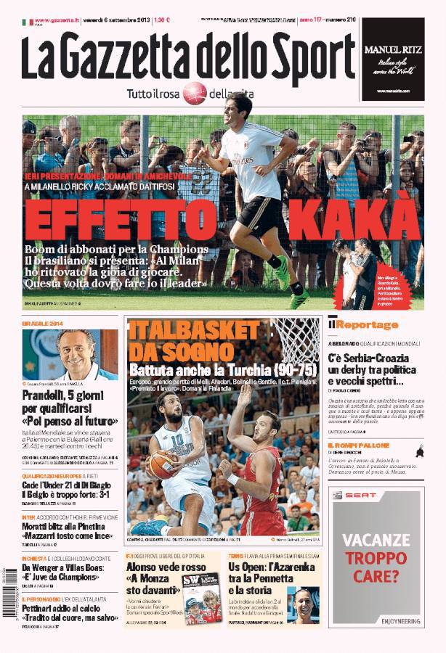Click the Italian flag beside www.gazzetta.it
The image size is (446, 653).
coord(28,22)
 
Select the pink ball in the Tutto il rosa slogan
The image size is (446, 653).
coord(195,93)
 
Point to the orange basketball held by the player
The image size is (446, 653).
coord(161,464)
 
